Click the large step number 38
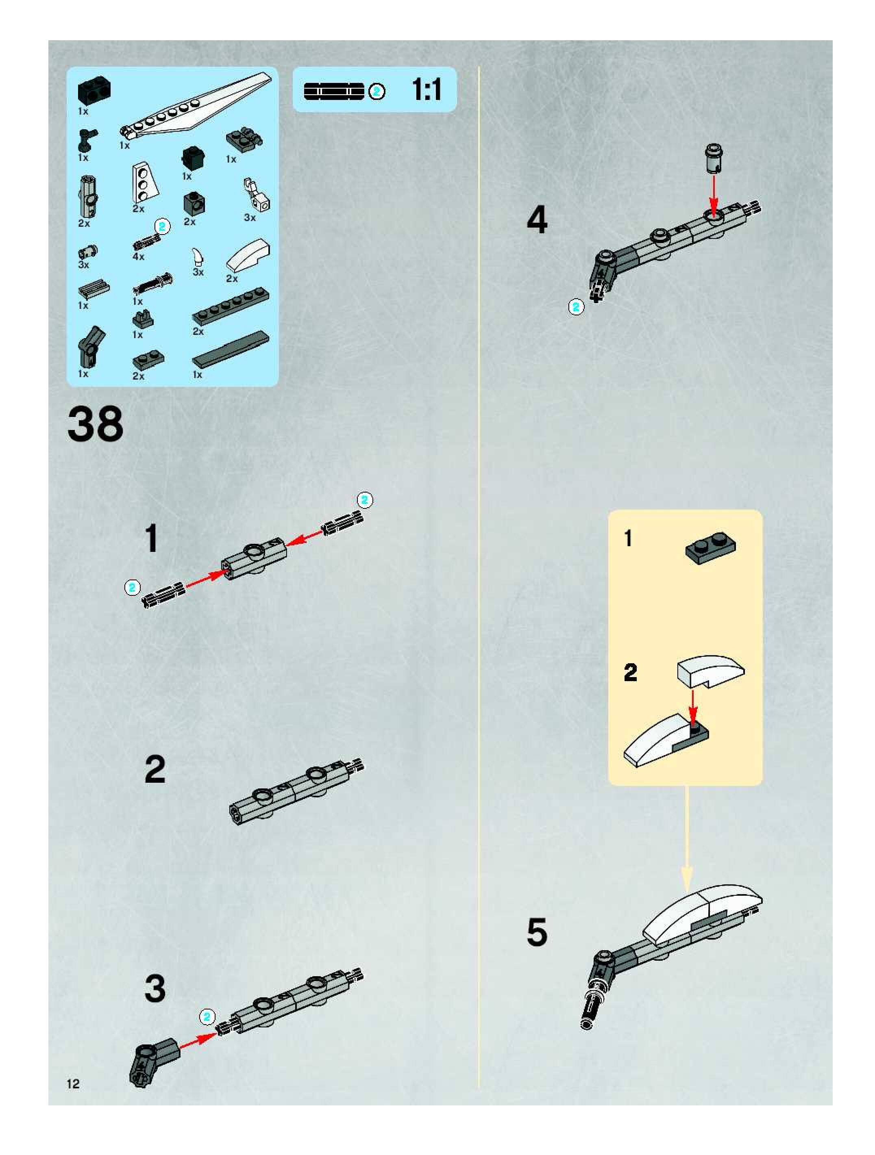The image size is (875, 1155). coord(95,424)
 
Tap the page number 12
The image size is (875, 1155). coord(73,1083)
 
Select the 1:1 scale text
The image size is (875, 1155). coord(426,90)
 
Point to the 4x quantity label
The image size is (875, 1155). coord(138,256)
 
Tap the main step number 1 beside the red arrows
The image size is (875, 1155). coord(152,538)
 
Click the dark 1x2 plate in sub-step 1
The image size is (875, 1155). coord(710,549)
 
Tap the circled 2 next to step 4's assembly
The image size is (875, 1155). coord(576,307)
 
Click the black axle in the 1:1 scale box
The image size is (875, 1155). coord(334,91)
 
